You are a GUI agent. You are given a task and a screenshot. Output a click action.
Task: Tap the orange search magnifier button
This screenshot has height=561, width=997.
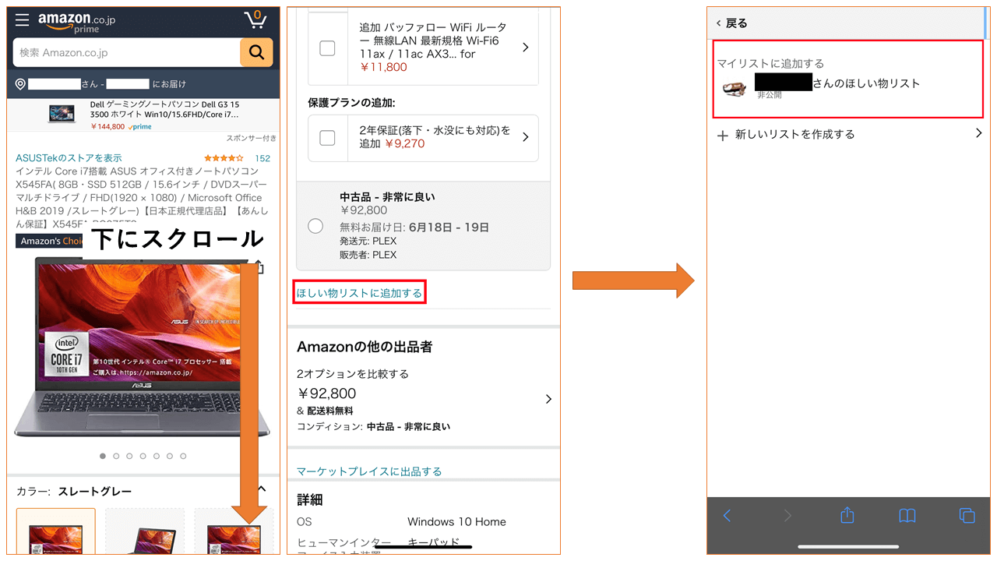pyautogui.click(x=256, y=52)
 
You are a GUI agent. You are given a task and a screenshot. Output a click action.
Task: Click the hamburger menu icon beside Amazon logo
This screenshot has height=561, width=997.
pyautogui.click(x=22, y=19)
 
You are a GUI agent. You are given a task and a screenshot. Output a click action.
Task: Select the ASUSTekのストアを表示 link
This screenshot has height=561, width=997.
pyautogui.click(x=69, y=158)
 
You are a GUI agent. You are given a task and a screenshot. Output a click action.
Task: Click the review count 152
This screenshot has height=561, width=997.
pyautogui.click(x=262, y=158)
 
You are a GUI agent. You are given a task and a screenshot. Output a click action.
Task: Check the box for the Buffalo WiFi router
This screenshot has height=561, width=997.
pyautogui.click(x=327, y=48)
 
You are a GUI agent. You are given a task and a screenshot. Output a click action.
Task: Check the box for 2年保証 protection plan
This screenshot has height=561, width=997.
pyautogui.click(x=327, y=137)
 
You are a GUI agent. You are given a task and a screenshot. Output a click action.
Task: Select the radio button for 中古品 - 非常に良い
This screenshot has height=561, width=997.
pyautogui.click(x=315, y=226)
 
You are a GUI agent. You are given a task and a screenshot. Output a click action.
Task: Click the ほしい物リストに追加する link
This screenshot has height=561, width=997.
pyautogui.click(x=359, y=293)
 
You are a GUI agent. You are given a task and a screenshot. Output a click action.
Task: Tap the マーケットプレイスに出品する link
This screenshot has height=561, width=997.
pyautogui.click(x=369, y=471)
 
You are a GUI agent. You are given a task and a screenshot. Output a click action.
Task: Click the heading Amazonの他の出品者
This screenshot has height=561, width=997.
pyautogui.click(x=365, y=347)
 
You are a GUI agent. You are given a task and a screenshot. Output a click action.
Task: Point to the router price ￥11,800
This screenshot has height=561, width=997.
pyautogui.click(x=383, y=67)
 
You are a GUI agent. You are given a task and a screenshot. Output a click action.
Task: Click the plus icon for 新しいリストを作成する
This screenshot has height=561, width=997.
pyautogui.click(x=723, y=135)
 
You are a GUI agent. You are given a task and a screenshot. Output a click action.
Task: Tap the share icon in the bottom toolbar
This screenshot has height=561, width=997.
pyautogui.click(x=847, y=515)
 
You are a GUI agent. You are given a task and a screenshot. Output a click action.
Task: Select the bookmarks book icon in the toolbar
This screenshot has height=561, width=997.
pyautogui.click(x=907, y=515)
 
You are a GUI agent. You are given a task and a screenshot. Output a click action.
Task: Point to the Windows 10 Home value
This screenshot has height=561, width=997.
pyautogui.click(x=456, y=522)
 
